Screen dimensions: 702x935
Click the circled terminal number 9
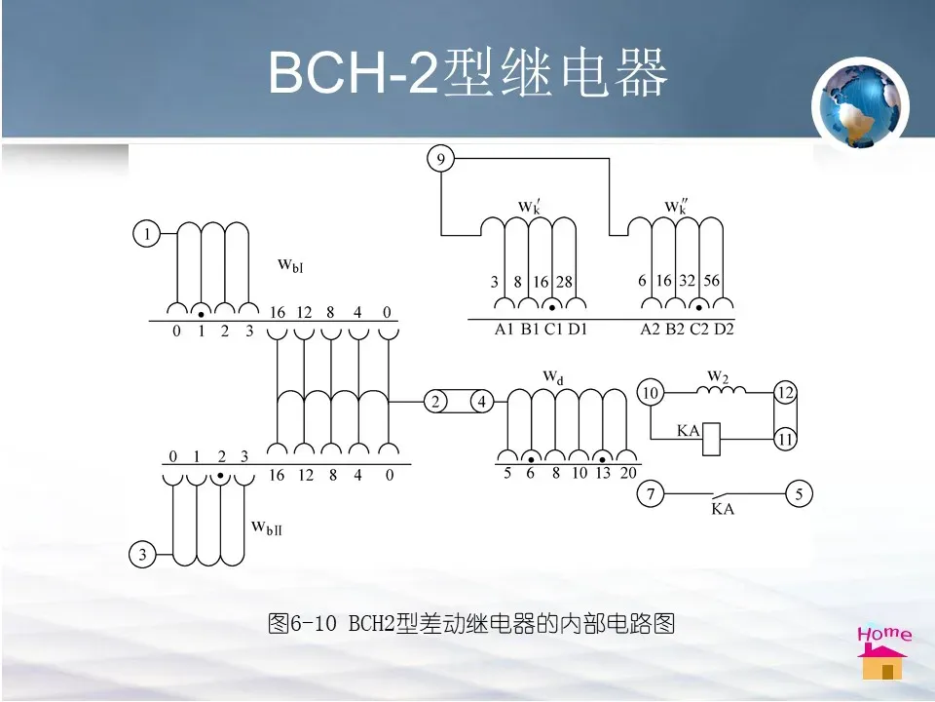441,158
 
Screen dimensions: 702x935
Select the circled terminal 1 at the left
146,234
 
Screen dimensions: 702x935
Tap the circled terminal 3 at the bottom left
142,556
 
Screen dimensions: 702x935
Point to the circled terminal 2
436,402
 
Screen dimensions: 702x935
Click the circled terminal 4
480,402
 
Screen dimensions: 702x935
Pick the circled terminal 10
651,393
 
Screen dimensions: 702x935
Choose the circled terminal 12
785,393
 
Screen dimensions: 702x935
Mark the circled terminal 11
785,440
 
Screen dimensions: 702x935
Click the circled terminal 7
651,494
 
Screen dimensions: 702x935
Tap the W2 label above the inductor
718,375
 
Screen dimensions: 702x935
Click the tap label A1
504,330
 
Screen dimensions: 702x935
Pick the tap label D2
724,330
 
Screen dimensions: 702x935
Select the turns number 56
712,281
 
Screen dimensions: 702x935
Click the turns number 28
565,282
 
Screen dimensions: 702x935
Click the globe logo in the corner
860,104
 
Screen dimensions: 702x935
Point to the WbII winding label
266,527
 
